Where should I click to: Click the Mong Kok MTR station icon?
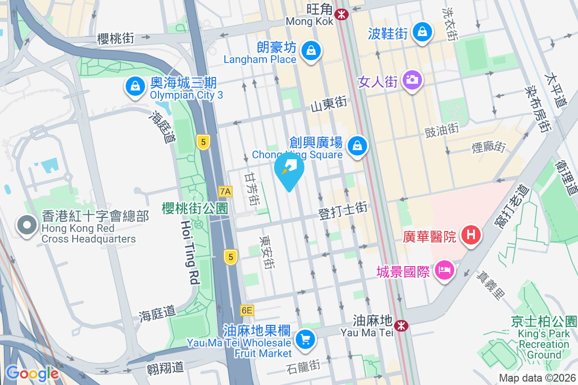pyautogui.click(x=342, y=14)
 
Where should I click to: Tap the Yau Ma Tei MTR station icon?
pyautogui.click(x=401, y=326)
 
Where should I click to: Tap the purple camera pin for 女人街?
pyautogui.click(x=412, y=79)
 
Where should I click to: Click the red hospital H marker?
pyautogui.click(x=471, y=235)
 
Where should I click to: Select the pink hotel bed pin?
pyautogui.click(x=443, y=269)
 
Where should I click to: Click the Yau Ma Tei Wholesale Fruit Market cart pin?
pyautogui.click(x=305, y=338)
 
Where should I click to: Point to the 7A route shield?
pyautogui.click(x=225, y=192)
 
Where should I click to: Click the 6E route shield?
pyautogui.click(x=247, y=310)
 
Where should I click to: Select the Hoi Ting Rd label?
pyautogui.click(x=190, y=253)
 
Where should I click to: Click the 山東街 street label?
pyautogui.click(x=329, y=103)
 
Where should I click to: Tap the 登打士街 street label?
pyautogui.click(x=343, y=211)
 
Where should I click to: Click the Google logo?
pyautogui.click(x=32, y=373)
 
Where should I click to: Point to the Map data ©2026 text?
pyautogui.click(x=537, y=378)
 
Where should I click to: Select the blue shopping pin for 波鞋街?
pyautogui.click(x=422, y=32)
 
